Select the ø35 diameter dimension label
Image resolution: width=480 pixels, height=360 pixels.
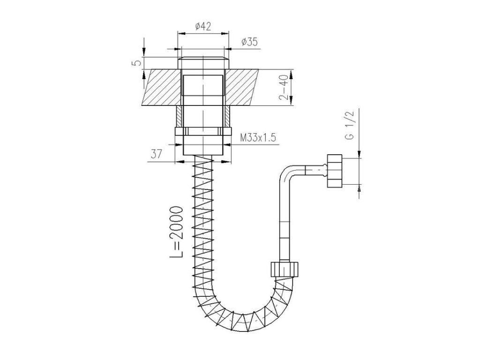249,42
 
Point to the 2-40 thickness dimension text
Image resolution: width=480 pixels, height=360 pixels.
283,87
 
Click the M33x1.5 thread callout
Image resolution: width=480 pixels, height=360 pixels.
258,138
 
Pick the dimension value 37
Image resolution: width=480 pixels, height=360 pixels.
157,154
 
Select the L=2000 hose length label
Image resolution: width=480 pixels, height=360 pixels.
177,232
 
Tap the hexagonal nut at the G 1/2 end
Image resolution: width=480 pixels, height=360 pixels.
334,171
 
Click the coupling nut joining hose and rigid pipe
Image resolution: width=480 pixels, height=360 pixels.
285,268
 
